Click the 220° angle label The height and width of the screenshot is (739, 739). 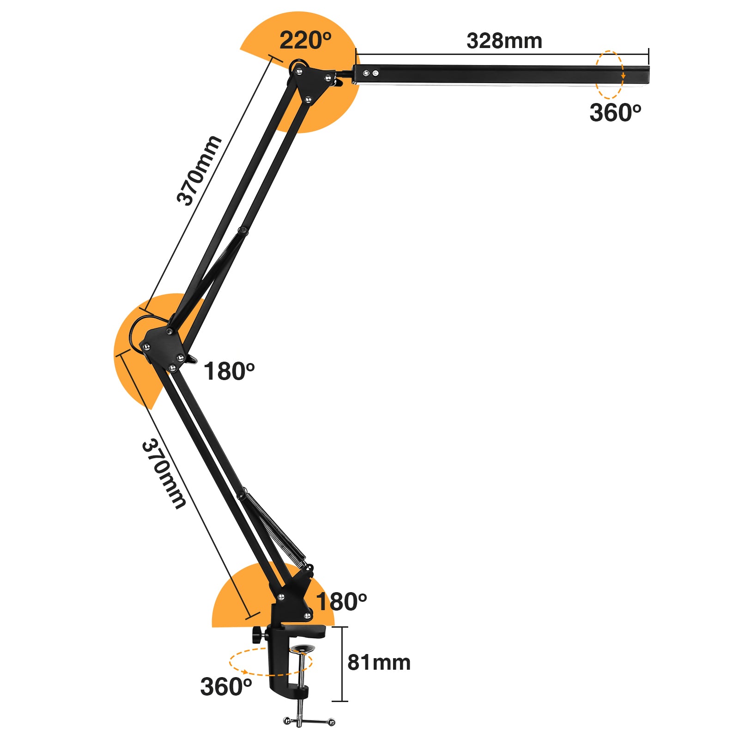[x=305, y=41]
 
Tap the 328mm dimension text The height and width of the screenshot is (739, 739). [x=504, y=41]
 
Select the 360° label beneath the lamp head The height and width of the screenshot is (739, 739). [x=615, y=113]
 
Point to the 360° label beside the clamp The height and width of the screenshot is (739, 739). [x=226, y=687]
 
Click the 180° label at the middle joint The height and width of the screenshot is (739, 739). [x=229, y=371]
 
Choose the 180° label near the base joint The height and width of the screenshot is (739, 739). [x=341, y=602]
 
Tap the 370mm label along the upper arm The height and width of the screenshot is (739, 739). [x=199, y=171]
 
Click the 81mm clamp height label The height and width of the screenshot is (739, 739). [x=379, y=662]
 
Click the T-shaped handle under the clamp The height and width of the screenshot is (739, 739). [x=309, y=721]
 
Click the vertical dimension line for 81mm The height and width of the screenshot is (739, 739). [x=342, y=664]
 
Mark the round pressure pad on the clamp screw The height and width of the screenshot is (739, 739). [x=302, y=649]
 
